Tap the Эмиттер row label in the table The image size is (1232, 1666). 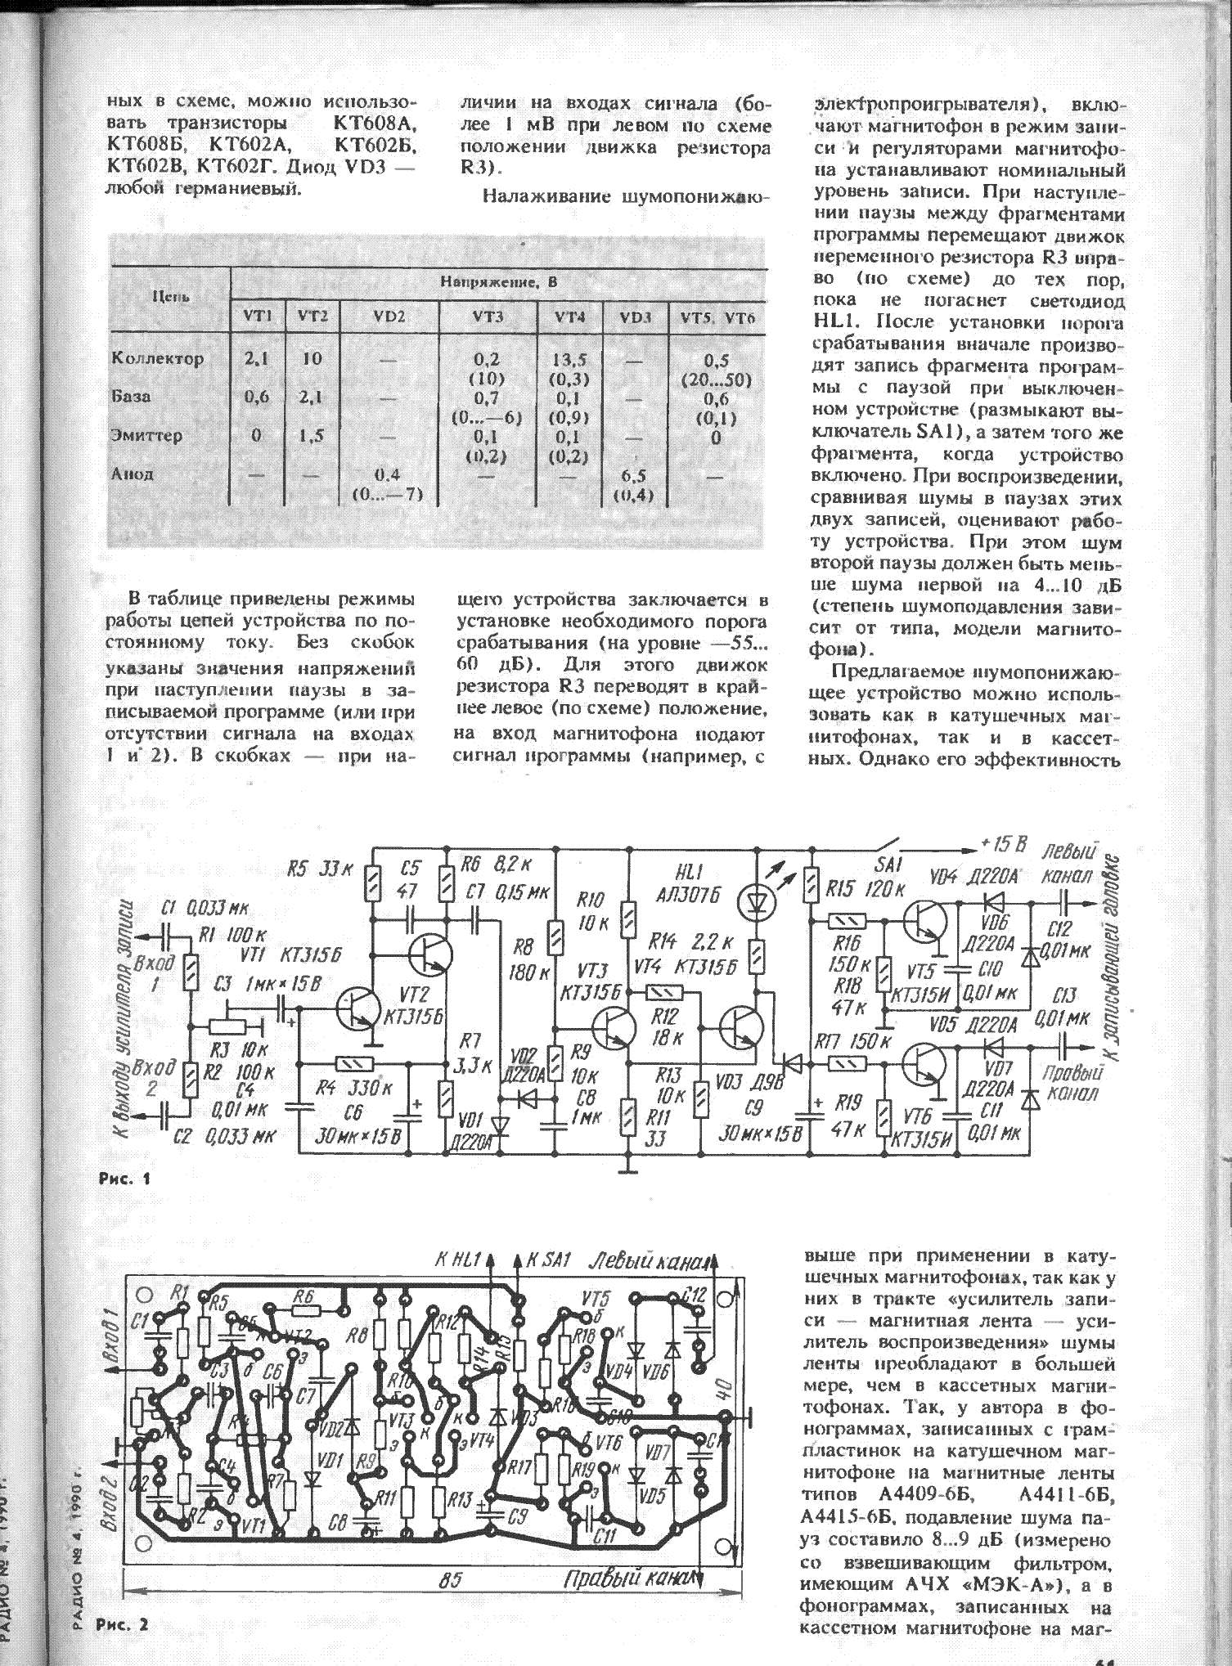[x=146, y=436]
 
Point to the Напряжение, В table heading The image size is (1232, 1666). [x=498, y=283]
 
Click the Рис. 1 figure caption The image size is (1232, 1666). [x=124, y=1179]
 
